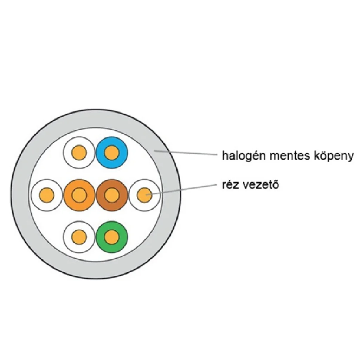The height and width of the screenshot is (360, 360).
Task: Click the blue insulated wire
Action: click(x=112, y=153)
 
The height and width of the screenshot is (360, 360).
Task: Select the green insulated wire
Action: click(x=112, y=237)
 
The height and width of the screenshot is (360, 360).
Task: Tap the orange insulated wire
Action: click(x=79, y=195)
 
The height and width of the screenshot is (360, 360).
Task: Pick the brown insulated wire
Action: click(x=112, y=195)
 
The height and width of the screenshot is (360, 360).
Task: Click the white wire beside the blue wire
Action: click(x=79, y=153)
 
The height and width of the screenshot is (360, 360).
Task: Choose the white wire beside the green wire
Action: click(x=79, y=237)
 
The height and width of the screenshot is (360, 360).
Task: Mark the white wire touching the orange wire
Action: click(x=47, y=195)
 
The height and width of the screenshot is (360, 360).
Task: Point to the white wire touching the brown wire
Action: click(x=144, y=195)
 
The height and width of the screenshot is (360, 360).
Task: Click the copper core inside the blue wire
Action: click(x=112, y=153)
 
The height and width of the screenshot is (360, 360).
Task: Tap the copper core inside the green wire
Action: click(x=112, y=237)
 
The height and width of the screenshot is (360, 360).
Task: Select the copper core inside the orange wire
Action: click(x=79, y=195)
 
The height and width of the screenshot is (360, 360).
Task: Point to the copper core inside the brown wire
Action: click(x=112, y=195)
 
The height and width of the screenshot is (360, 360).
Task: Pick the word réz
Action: click(x=231, y=185)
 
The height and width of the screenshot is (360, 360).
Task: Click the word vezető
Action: click(x=261, y=185)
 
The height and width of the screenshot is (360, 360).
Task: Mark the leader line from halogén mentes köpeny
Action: click(x=186, y=153)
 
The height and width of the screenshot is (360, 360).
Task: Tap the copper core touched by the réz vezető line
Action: click(x=144, y=195)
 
